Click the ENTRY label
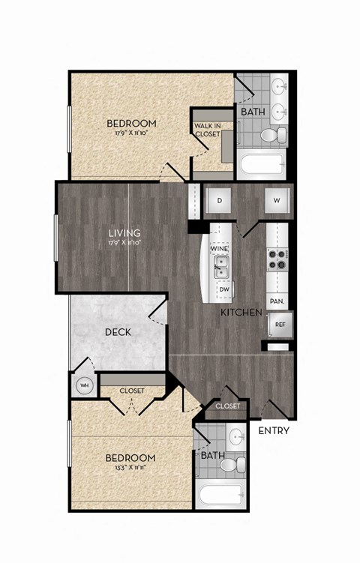[x=274, y=431]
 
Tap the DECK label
[x=118, y=332]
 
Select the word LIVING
[x=124, y=233]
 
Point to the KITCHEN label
[x=241, y=311]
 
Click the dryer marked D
[x=220, y=201]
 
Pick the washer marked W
[x=277, y=200]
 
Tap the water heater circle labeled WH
[x=84, y=386]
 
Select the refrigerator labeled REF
[x=280, y=325]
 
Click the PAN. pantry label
[x=277, y=301]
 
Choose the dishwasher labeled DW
[x=223, y=289]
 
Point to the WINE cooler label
[x=220, y=248]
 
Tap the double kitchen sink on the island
[x=220, y=266]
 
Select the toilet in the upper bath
[x=270, y=136]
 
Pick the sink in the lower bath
[x=237, y=436]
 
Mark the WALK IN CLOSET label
[x=207, y=130]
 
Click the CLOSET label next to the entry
[x=227, y=406]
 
